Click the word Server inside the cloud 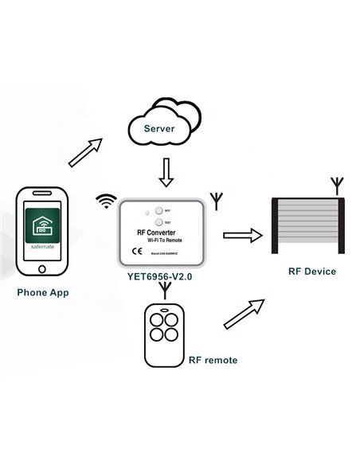point(165,127)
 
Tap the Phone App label point(42,292)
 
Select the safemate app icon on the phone point(42,230)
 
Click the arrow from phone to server point(85,150)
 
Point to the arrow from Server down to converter point(165,170)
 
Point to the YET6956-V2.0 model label point(160,279)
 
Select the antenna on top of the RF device point(338,186)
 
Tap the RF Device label point(311,272)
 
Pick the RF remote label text point(212,360)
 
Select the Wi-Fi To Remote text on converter point(164,240)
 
